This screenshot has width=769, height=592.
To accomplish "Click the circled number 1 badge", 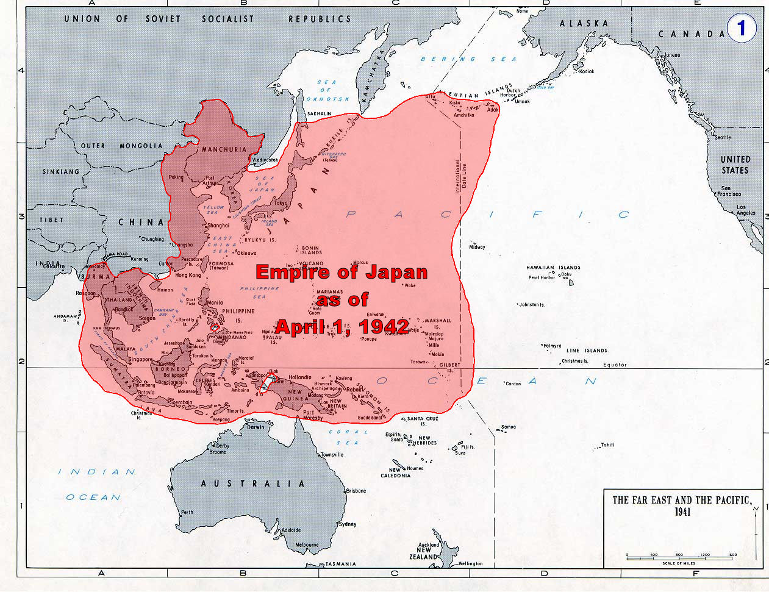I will pos(741,29).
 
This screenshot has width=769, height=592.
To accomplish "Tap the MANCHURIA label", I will pos(224,149).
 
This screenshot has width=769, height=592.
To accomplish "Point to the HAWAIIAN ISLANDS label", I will pos(553,268).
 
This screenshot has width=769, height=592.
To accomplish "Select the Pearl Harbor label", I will pos(542,278).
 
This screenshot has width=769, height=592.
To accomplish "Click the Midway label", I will pos(477,248).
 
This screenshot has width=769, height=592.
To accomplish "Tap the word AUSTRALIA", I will pos(252,483).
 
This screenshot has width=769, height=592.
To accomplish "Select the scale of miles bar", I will pos(679,557).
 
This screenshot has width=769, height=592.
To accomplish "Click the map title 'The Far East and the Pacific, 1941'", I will pos(682,505).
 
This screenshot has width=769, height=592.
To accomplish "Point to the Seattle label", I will pos(722,137).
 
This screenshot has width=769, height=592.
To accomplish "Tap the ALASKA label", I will pos(584,23).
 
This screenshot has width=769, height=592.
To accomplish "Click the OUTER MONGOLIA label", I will pos(122,146).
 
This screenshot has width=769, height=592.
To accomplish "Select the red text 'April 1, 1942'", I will pos(342,326).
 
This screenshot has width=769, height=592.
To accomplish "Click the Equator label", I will pos(615,365).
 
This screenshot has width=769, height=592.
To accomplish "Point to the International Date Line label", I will pos(462,176).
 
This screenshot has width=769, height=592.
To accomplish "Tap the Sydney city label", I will pos(347,524).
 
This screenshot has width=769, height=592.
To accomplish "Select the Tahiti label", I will pos(607,445).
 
